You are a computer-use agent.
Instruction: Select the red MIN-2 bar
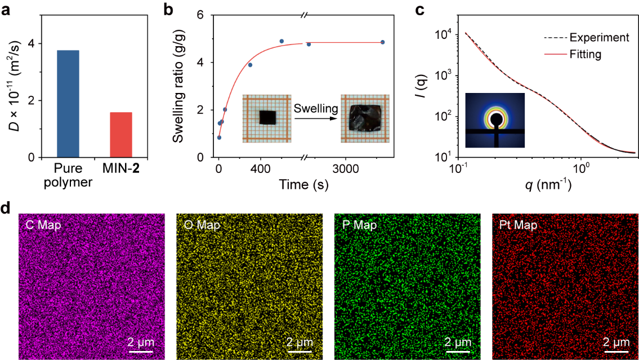pyautogui.click(x=120, y=134)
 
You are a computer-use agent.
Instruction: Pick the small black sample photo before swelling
pyautogui.click(x=268, y=117)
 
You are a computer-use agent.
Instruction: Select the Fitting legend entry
pyautogui.click(x=586, y=55)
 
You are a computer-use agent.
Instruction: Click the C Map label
pyautogui.click(x=43, y=225)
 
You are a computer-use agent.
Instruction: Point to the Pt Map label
pyautogui.click(x=518, y=225)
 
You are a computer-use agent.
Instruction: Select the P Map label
pyautogui.click(x=359, y=225)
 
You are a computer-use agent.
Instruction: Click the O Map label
pyautogui.click(x=202, y=225)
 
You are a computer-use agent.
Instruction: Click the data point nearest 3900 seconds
pyautogui.click(x=382, y=42)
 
